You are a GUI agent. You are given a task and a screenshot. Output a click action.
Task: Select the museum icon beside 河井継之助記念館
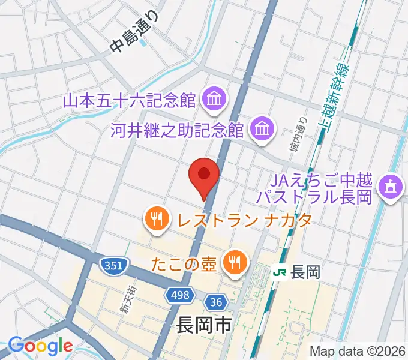click(262, 128)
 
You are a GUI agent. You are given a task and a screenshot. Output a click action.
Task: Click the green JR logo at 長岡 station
click(279, 272)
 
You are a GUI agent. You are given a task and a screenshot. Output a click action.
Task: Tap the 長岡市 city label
click(204, 326)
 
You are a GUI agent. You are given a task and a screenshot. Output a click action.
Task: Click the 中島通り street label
click(137, 36)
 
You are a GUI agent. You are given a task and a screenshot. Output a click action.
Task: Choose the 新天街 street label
click(125, 300)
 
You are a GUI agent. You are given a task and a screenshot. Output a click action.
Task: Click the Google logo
click(40, 346)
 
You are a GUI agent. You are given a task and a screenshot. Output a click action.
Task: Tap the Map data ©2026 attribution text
click(358, 351)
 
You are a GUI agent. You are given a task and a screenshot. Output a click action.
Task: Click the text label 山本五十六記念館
click(130, 100)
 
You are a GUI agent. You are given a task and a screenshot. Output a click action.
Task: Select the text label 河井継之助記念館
click(177, 130)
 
